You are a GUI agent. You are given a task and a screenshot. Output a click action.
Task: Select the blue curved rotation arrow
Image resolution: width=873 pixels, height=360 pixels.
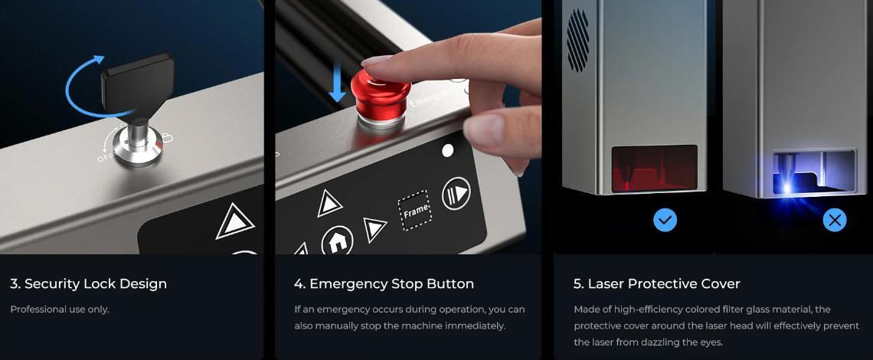tap(83, 83)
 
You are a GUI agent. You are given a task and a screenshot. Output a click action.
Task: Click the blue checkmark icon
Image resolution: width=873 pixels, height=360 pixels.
tap(665, 220)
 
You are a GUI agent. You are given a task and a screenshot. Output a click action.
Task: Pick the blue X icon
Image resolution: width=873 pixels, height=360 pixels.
tap(835, 220)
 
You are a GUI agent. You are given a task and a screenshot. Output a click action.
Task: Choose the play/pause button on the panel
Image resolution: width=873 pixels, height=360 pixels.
tap(456, 194)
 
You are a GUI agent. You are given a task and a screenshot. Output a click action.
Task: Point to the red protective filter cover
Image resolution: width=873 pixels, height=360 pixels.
tap(655, 169)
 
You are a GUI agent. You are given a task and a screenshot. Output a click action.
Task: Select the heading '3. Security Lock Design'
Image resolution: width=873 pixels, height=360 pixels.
tap(89, 283)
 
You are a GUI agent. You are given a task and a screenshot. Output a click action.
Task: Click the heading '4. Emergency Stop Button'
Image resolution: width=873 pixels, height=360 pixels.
tap(384, 283)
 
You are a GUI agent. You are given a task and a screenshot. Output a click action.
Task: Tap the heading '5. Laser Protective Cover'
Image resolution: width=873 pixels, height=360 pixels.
tap(657, 283)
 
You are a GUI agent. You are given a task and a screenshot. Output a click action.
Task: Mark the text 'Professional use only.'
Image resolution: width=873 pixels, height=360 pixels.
tap(60, 309)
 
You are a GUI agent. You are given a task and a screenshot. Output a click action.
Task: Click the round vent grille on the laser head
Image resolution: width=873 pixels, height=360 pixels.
tap(577, 40)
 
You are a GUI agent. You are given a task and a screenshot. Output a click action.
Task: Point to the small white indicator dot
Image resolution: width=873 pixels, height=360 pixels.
tap(448, 150)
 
